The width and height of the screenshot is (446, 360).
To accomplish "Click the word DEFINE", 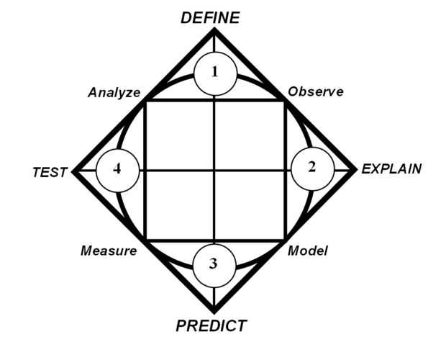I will click(x=209, y=17).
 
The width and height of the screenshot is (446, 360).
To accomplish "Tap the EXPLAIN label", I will click(x=391, y=169).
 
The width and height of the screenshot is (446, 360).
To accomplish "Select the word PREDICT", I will click(x=211, y=325).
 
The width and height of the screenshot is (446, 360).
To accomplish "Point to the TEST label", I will click(x=50, y=172).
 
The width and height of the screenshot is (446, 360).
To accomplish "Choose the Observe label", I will click(x=315, y=91).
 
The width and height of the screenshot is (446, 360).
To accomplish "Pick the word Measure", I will click(x=109, y=251).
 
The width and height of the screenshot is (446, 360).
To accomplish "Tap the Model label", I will click(x=308, y=251).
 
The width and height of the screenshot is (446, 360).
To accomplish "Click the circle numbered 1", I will click(x=214, y=73).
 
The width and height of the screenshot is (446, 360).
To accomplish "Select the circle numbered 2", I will click(x=311, y=168).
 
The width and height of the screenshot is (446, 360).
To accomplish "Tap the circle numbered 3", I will click(x=214, y=264).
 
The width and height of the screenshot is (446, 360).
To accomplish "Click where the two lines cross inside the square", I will click(x=214, y=171).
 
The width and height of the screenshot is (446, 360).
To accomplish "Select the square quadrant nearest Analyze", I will click(x=180, y=136).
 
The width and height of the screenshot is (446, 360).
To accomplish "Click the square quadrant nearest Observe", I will click(x=250, y=136).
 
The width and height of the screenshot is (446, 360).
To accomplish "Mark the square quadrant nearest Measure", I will click(x=180, y=205).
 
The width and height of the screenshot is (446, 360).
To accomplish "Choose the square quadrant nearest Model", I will click(x=250, y=205).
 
